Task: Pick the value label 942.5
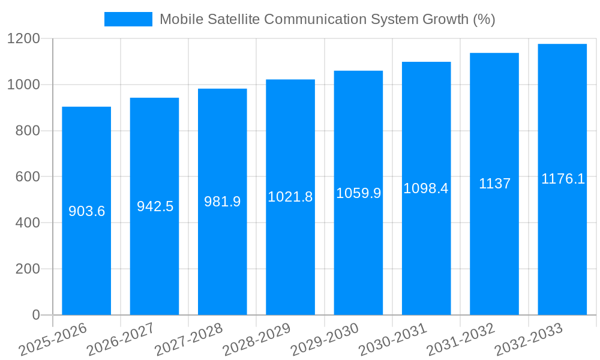(x=155, y=206)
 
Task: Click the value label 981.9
(x=223, y=202)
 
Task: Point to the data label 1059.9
(x=358, y=193)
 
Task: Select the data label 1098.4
(x=426, y=188)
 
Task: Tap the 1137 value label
(x=494, y=184)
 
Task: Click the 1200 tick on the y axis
(x=23, y=39)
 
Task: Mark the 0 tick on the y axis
(x=35, y=315)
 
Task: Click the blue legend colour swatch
(x=128, y=19)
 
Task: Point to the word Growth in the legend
(x=439, y=19)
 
